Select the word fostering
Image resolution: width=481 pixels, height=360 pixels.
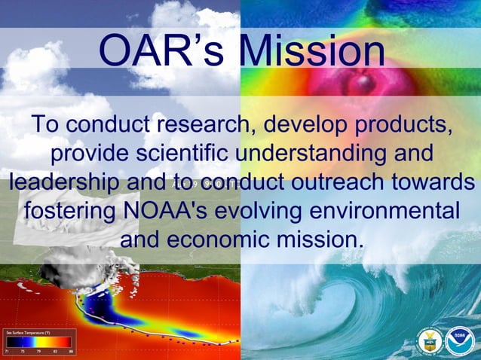(69, 211)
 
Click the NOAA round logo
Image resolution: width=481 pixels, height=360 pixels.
(458, 341)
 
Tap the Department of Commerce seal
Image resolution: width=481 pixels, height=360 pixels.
(429, 341)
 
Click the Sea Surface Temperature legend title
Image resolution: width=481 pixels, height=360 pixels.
(29, 332)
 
